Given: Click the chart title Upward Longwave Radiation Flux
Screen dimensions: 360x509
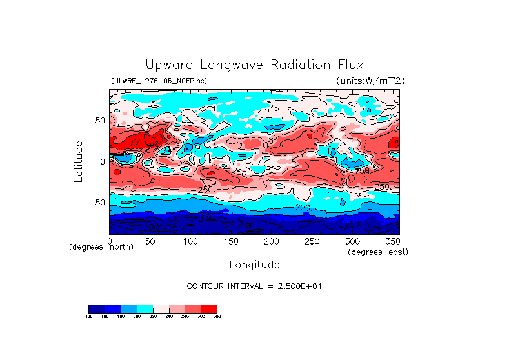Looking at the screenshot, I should click(254, 65).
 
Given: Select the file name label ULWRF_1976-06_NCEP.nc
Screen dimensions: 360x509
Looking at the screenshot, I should click(159, 81).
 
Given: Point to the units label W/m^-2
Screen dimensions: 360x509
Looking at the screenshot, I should click(370, 81).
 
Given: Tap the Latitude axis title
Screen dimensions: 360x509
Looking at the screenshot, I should click(79, 161).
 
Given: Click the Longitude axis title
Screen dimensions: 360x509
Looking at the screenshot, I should click(254, 265).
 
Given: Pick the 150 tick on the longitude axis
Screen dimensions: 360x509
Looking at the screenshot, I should click(231, 241).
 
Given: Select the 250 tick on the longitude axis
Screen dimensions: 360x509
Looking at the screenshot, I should click(312, 241).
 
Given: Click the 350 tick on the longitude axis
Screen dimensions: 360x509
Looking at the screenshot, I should click(392, 241).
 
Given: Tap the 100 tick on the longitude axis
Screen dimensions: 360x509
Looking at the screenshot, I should click(190, 241).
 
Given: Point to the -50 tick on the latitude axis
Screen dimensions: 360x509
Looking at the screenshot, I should click(97, 203).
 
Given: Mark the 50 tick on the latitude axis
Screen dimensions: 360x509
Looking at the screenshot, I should click(99, 121).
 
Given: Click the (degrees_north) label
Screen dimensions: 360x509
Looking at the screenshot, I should click(101, 247).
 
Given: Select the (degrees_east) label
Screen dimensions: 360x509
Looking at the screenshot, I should click(378, 252).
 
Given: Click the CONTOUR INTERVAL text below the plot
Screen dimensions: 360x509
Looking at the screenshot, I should click(254, 286).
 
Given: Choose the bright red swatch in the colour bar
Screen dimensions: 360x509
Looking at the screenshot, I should click(209, 308).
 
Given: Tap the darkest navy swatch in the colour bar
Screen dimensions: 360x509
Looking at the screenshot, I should click(96, 308).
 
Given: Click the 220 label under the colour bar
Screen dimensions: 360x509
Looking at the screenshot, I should click(153, 316).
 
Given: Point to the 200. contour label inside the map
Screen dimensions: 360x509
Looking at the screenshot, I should click(304, 208).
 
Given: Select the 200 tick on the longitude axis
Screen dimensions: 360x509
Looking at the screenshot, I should click(271, 241).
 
